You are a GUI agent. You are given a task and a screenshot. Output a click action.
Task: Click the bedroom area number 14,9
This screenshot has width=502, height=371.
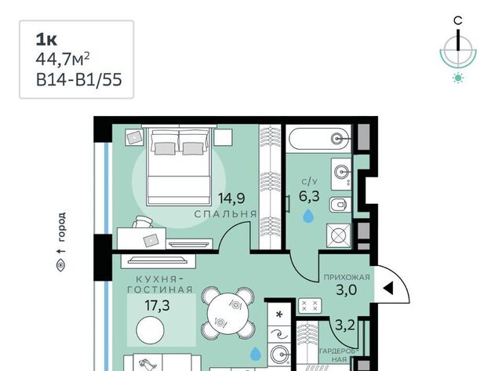tap(231, 198)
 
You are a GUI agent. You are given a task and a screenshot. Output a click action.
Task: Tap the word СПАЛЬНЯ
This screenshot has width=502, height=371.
tap(225, 214)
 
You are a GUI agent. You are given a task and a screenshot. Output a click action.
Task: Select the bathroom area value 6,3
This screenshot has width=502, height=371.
tap(309, 195)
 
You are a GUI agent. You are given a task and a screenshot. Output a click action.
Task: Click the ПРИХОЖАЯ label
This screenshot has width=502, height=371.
tap(347, 277)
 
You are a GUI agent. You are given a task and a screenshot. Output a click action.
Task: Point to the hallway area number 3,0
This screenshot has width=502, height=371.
tap(347, 290)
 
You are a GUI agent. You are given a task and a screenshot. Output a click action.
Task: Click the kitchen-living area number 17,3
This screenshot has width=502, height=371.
tap(157, 305)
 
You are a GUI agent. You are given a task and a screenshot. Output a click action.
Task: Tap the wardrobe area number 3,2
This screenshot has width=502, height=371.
tap(345, 326)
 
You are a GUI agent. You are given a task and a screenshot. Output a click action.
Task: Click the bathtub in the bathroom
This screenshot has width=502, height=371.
tap(319, 139)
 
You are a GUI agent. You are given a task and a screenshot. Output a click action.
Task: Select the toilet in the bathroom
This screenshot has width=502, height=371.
tap(340, 205)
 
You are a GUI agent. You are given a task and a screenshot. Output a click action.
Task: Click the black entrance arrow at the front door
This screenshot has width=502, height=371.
tap(388, 289)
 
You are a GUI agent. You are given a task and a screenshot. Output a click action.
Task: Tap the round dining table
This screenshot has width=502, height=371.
tap(227, 315)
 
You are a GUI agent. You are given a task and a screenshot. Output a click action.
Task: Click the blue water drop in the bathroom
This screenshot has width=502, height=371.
tap(308, 216)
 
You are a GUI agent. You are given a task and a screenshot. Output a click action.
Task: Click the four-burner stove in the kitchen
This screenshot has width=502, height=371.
tap(310, 305)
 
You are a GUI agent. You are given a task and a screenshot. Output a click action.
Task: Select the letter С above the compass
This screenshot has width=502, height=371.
tap(458, 20)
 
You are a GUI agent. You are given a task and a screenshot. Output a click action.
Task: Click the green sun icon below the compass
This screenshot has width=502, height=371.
tap(458, 78)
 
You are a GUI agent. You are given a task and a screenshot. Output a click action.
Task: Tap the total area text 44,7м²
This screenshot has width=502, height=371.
tap(63, 60)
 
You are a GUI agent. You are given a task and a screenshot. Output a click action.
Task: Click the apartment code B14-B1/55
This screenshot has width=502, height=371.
tap(78, 79)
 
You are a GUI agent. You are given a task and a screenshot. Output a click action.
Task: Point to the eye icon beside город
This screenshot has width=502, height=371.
tap(61, 266)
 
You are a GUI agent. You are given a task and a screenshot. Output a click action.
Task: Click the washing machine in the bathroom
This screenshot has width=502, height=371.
tap(338, 236)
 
